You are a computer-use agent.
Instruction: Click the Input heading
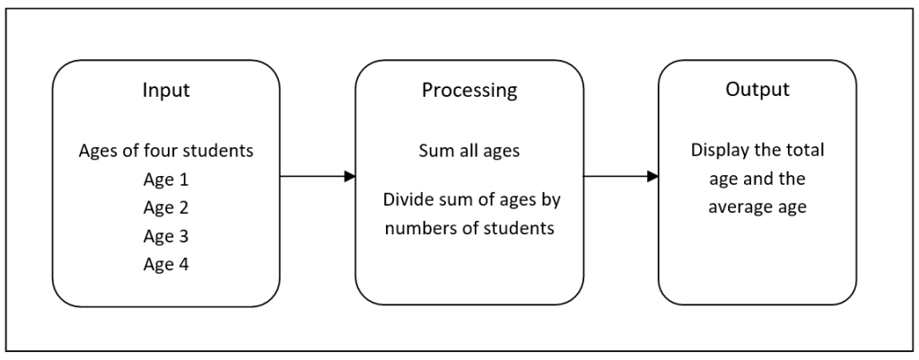165,91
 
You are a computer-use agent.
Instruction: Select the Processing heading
468,91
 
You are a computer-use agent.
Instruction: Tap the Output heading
757,91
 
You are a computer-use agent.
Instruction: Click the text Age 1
165,180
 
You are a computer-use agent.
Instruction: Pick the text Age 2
165,207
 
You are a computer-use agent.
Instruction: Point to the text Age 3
165,236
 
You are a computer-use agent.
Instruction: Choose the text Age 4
165,264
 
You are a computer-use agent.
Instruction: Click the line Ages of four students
165,151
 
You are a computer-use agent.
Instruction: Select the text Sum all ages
468,151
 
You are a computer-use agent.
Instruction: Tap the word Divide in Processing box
406,199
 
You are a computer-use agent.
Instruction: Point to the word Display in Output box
719,151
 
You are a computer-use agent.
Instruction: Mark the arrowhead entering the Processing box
350,177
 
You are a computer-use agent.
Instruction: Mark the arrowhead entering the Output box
653,177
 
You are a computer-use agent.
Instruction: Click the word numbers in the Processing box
422,228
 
